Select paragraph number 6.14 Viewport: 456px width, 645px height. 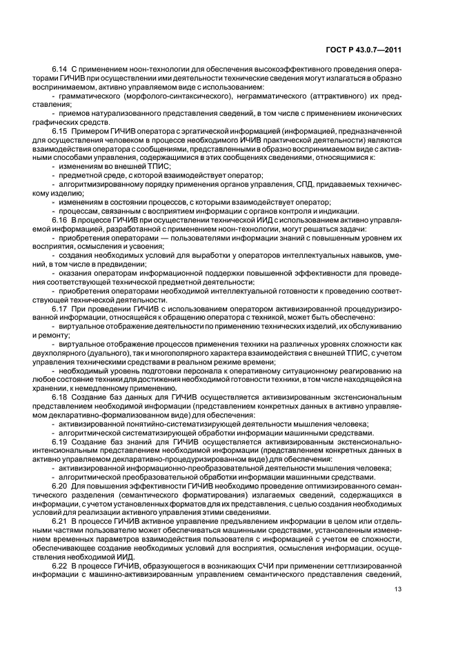point(60,70)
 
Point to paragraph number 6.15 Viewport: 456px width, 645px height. point(60,130)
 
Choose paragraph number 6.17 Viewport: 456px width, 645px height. point(60,309)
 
